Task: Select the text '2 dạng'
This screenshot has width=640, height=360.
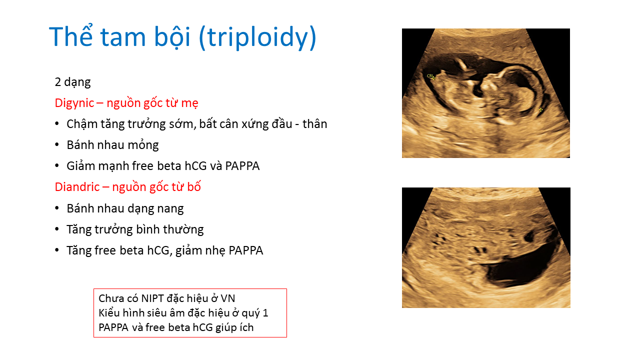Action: point(72,82)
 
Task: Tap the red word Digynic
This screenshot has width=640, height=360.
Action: point(74,103)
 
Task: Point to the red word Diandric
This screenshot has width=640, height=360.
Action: point(77,187)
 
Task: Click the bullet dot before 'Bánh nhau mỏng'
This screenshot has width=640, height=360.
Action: point(57,144)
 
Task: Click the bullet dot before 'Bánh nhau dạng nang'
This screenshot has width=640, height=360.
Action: point(57,208)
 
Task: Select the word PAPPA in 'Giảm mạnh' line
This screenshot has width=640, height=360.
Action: point(242,166)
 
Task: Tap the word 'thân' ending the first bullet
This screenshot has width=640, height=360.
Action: point(315,124)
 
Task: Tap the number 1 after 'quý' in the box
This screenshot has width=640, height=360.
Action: point(265,313)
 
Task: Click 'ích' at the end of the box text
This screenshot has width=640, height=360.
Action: point(246,327)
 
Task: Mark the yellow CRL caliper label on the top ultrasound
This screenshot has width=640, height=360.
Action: point(430,75)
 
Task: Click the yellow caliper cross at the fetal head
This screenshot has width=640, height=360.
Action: point(540,109)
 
